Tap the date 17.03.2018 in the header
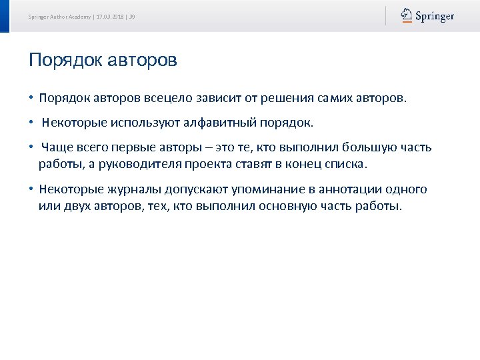tap(111, 16)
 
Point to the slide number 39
tap(132, 16)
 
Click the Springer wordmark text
tap(435, 16)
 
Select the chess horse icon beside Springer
tap(406, 15)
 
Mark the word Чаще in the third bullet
tap(55, 147)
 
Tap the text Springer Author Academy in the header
tap(60, 16)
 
